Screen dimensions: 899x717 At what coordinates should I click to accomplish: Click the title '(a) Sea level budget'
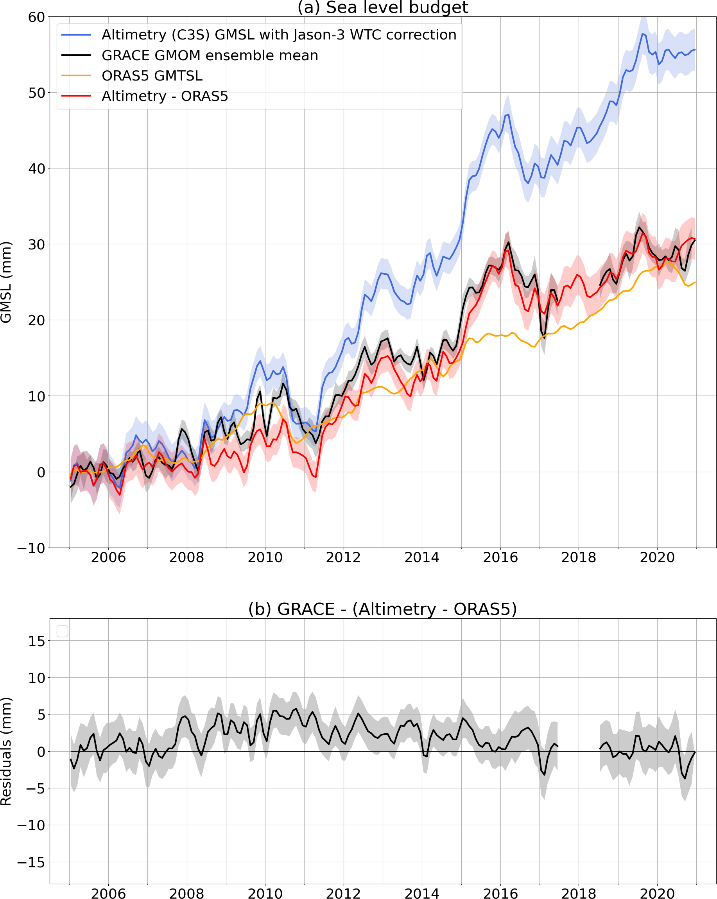(382, 7)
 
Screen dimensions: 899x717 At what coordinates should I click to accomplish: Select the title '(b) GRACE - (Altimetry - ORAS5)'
(382, 609)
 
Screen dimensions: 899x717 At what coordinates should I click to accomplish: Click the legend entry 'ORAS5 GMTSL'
(152, 76)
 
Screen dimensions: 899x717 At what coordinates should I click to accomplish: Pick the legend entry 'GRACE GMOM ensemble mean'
(210, 56)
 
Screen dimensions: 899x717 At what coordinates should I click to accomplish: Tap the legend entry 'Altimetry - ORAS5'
(165, 96)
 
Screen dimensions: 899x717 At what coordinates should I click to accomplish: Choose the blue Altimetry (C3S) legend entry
(279, 35)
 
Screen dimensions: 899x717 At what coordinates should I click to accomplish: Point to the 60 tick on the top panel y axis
(36, 17)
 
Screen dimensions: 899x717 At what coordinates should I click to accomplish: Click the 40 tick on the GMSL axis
(36, 168)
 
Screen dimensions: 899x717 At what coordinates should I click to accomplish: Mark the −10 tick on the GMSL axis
(31, 548)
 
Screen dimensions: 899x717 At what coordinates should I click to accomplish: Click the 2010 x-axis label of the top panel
(265, 557)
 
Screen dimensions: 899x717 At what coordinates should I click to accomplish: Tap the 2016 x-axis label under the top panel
(500, 557)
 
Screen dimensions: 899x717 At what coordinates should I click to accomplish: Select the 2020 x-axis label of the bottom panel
(657, 894)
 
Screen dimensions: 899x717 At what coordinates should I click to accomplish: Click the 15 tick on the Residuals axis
(36, 641)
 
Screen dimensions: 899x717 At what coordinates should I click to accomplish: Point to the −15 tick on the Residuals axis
(31, 862)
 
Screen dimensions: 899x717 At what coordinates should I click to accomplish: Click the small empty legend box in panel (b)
(62, 631)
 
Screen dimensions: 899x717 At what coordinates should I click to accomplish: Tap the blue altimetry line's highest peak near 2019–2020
(643, 34)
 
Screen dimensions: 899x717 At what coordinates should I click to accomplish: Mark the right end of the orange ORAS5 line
(694, 282)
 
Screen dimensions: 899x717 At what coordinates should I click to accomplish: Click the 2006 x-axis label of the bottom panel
(108, 894)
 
